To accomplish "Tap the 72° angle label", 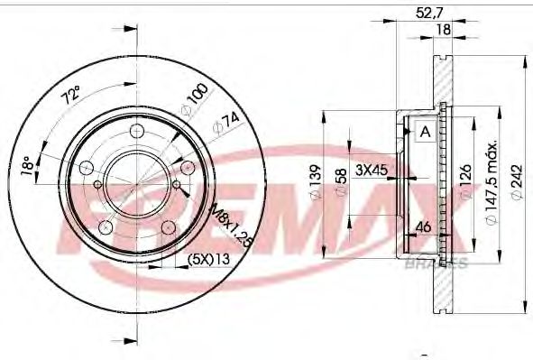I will coord(70,94).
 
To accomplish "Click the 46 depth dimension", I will coord(421,227).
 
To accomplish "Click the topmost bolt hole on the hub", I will coord(137,133).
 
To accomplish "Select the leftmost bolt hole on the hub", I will coord(86,169).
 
